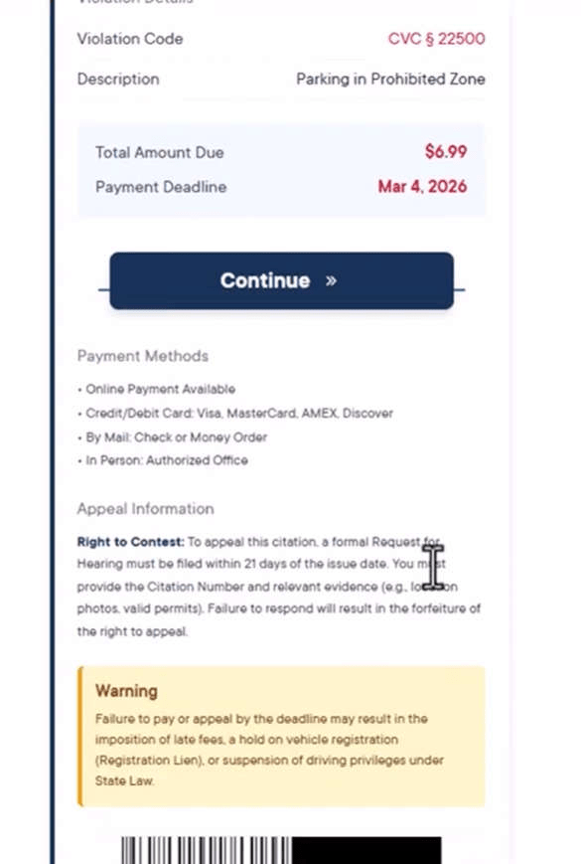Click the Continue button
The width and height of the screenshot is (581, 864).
pyautogui.click(x=281, y=280)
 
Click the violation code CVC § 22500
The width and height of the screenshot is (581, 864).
pyautogui.click(x=436, y=39)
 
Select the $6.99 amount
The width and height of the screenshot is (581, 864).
pyautogui.click(x=445, y=151)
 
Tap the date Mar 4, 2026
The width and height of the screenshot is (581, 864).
pyautogui.click(x=422, y=186)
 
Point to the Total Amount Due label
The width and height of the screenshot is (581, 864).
pyautogui.click(x=159, y=152)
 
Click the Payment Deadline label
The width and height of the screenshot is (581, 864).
pyautogui.click(x=161, y=187)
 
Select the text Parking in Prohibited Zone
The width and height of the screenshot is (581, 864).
pyautogui.click(x=390, y=79)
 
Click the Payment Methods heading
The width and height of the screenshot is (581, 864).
pyautogui.click(x=143, y=356)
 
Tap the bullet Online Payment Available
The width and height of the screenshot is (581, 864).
pyautogui.click(x=160, y=389)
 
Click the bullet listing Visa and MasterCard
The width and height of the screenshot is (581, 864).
pyautogui.click(x=238, y=413)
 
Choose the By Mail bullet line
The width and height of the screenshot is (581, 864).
pyautogui.click(x=176, y=436)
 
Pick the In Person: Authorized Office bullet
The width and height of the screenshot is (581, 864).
pyautogui.click(x=166, y=460)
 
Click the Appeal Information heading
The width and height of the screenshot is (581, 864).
pyautogui.click(x=145, y=508)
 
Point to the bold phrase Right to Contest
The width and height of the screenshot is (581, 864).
pyautogui.click(x=130, y=542)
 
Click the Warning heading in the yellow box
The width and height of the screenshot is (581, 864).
pyautogui.click(x=126, y=690)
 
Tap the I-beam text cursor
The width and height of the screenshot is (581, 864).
pyautogui.click(x=433, y=566)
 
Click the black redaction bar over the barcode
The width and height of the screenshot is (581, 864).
pyautogui.click(x=365, y=851)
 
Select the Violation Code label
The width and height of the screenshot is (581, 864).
pyautogui.click(x=130, y=39)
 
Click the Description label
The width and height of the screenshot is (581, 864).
pyautogui.click(x=118, y=79)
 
